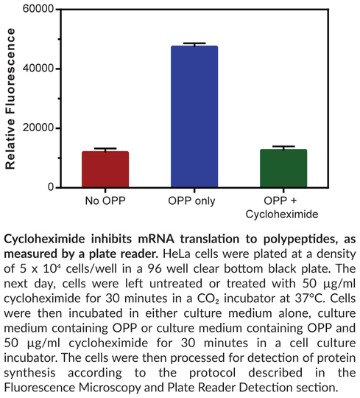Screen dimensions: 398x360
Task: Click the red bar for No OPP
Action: (105, 170)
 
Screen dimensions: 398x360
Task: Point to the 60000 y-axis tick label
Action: (40, 10)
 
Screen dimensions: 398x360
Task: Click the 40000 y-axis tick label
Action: (40, 69)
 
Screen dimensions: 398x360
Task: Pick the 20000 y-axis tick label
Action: (40, 128)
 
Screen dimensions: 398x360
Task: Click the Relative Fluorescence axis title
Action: (11, 99)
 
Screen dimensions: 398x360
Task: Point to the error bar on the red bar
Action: (105, 150)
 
